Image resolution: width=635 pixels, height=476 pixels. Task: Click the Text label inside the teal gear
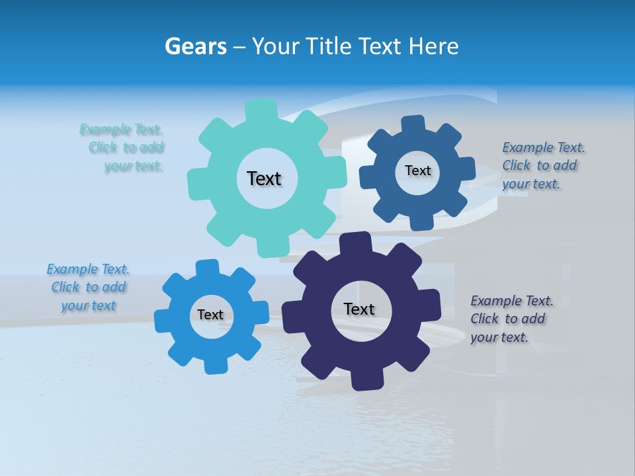coord(264,178)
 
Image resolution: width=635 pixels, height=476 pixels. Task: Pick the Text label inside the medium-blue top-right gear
coord(417,171)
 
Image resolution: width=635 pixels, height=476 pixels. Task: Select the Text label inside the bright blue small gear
coord(210,315)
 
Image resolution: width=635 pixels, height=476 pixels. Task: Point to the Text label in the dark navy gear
coord(359,309)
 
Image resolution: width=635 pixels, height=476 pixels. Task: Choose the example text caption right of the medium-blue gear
coord(540,165)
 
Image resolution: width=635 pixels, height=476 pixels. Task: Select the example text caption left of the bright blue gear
coord(88,287)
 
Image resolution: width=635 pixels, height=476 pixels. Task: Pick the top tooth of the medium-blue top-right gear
coord(413,124)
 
